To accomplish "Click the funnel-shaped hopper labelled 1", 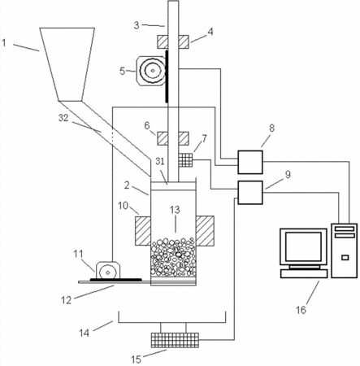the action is point(67,64).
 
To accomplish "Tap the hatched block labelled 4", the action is point(173,41).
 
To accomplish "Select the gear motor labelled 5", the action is point(150,71).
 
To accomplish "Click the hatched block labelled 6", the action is point(173,138).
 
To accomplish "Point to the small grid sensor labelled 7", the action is point(185,160).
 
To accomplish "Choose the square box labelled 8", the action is point(250,162).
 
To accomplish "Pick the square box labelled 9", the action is point(250,193).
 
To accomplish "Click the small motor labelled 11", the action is point(108,270).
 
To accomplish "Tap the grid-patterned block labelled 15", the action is point(175,340).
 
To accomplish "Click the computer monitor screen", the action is point(303,246).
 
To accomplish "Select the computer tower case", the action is point(344,251).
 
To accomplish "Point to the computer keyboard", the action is point(304,274).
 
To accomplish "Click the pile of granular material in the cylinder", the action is point(173,257).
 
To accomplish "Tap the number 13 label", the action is point(175,210).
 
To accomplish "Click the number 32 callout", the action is point(63,118).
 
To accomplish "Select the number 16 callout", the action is point(301,310).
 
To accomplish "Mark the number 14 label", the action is point(84,333).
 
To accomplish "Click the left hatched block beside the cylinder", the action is point(143,231).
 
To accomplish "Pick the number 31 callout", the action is point(160,161).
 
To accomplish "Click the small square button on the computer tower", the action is point(345,257).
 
